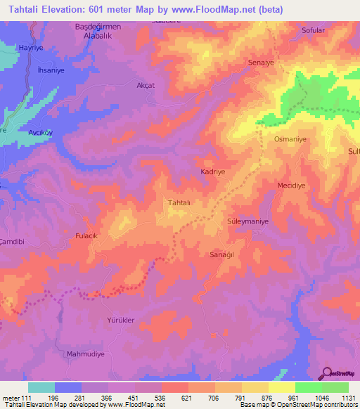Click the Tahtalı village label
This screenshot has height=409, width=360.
[179, 202]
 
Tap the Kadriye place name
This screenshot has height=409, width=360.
[212, 171]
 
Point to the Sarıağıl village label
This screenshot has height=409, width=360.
[221, 254]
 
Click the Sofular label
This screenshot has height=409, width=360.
[313, 30]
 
